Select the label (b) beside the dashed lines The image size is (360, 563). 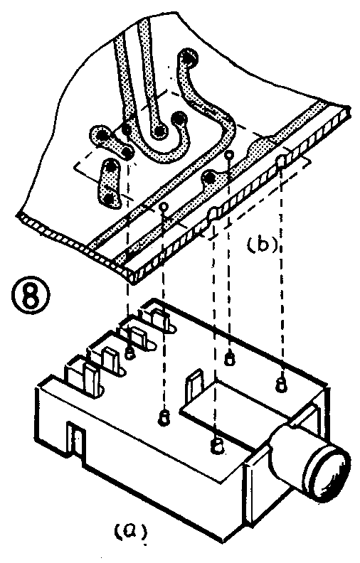coord(262,245)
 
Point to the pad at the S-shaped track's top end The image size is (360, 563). coord(188,58)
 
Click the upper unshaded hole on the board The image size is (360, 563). coord(229,155)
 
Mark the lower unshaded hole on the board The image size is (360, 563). coord(164,206)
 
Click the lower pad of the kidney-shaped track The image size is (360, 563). coord(110,198)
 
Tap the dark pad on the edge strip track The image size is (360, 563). coord(208,176)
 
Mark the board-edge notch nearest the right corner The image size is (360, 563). coord(282,160)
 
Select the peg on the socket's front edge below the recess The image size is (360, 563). coord(217,445)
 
